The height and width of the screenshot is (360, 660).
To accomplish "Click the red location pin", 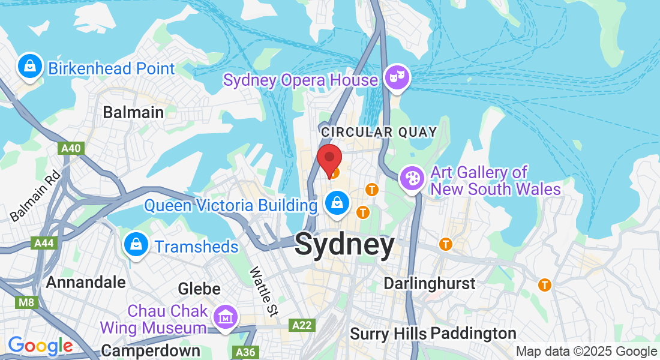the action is point(329,159).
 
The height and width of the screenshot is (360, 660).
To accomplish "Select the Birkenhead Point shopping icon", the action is point(29,67).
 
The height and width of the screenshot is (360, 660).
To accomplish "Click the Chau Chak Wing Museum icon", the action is point(225,319).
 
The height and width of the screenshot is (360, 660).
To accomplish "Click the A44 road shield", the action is point(44,243).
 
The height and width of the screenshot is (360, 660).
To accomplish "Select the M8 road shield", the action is point(26,302).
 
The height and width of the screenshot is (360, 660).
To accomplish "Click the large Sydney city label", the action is point(345,245).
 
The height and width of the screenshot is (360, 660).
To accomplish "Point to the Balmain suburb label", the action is point(133,112).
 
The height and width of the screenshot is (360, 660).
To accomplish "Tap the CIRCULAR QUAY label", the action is point(379,131).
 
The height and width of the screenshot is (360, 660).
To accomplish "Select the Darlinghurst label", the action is point(430,283).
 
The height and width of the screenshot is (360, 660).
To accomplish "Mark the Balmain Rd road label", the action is point(35,196).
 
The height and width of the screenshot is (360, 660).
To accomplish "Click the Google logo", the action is point(40,346).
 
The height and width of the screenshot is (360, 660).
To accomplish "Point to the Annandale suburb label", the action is point(86,282).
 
